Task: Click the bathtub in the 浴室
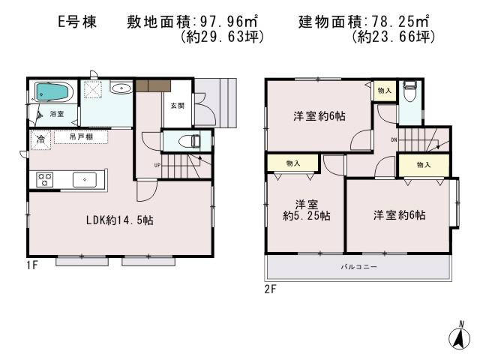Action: click(53, 93)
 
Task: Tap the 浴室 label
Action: click(57, 114)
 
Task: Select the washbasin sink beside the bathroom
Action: click(121, 88)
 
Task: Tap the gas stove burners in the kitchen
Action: click(44, 179)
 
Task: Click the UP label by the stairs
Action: click(157, 165)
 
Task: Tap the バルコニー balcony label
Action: click(359, 266)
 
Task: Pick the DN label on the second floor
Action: click(393, 140)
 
